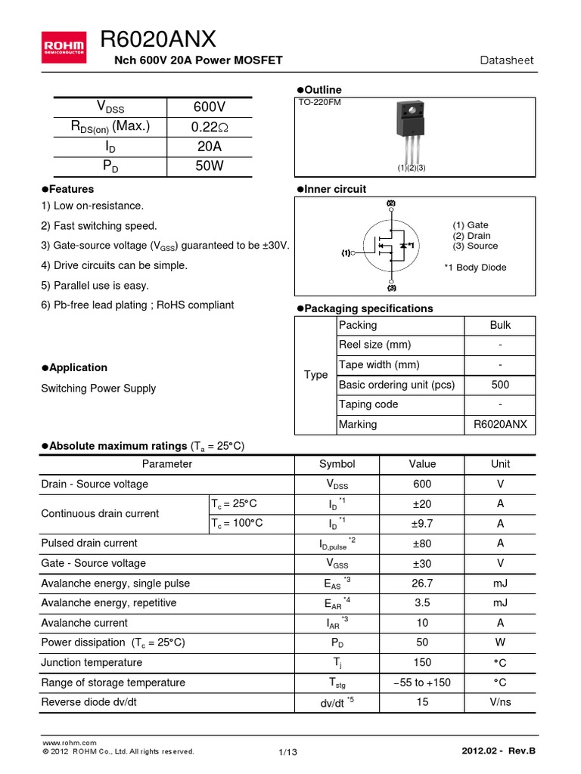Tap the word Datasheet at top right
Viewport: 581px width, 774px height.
(508, 60)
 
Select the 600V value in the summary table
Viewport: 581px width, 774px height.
(209, 107)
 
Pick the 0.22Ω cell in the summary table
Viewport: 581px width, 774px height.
(209, 126)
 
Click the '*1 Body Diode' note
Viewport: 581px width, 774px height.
(475, 268)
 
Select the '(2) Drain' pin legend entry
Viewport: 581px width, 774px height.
(471, 235)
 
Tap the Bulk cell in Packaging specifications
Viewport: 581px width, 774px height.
(499, 325)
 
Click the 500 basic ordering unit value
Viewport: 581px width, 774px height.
(499, 385)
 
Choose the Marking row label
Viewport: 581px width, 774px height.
(358, 424)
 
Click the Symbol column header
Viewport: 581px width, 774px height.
(337, 464)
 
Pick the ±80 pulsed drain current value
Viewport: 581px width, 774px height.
(422, 543)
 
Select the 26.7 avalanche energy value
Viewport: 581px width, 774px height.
(422, 583)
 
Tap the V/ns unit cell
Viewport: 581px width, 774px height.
(500, 702)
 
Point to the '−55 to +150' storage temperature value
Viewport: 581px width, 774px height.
(422, 683)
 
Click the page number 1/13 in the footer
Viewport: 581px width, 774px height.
(288, 752)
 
